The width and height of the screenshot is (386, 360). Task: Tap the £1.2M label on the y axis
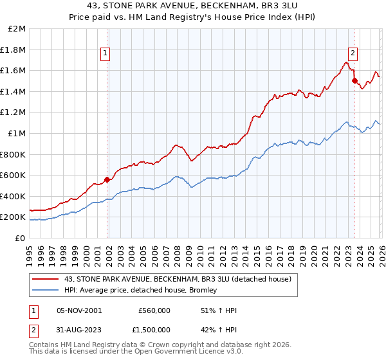pos(14,113)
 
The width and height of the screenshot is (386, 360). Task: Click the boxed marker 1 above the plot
pos(106,54)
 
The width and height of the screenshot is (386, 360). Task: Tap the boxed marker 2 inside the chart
pos(353,54)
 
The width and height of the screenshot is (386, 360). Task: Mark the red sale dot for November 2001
pos(107,179)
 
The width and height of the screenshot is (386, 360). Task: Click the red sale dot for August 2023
pos(354,81)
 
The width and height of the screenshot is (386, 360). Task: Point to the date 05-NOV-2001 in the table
pos(79,310)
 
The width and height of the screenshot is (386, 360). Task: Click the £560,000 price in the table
pos(154,310)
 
